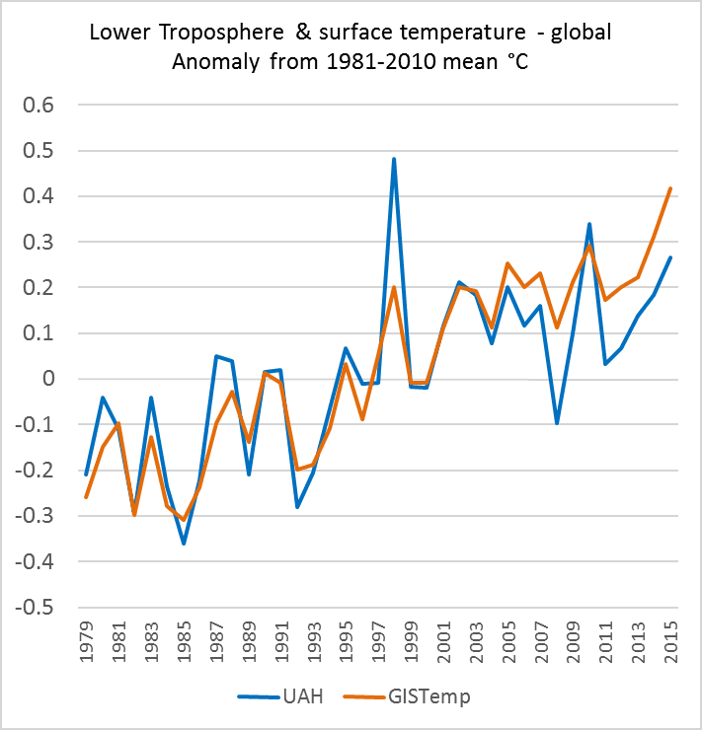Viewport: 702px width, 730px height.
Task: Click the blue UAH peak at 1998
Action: coord(394,159)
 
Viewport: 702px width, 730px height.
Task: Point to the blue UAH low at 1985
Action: coord(184,543)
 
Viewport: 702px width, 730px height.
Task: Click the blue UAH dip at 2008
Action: coord(558,423)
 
